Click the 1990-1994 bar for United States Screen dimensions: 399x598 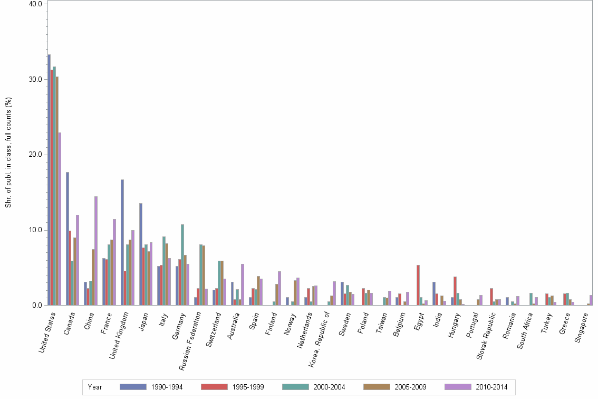pos(49,179)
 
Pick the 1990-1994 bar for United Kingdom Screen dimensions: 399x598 pos(122,242)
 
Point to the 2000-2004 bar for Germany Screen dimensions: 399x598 pos(182,264)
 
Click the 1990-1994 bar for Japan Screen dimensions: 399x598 pos(141,254)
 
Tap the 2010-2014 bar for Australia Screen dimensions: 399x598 pos(243,284)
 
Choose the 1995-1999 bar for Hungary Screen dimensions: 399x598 pos(455,291)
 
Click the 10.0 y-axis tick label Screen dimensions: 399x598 pos(35,230)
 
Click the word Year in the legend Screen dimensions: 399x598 pos(95,387)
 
